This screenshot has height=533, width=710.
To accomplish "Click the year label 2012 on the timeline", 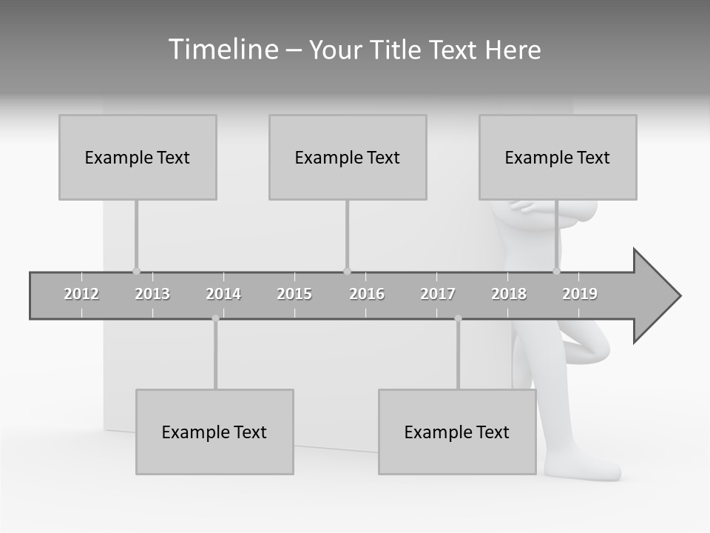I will click(x=81, y=294).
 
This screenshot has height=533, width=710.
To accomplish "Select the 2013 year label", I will click(x=152, y=294).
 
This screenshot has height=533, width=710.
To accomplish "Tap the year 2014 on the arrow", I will click(x=223, y=294).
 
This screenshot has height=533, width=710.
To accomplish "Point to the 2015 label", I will click(x=294, y=294).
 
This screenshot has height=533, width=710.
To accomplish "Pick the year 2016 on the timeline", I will click(x=367, y=294).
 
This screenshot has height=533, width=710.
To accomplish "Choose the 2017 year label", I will click(x=438, y=294).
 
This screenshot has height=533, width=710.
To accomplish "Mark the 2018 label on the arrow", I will click(x=509, y=294).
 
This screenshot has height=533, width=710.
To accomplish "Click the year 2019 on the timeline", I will click(x=580, y=294).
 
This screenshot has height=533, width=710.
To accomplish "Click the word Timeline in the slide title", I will click(x=222, y=50).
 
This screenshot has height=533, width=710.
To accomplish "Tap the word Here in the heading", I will click(x=513, y=50).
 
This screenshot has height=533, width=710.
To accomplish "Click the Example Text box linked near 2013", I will click(x=138, y=157).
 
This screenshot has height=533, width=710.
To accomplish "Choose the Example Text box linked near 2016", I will click(x=348, y=157).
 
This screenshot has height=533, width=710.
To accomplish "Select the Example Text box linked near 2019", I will click(x=558, y=157).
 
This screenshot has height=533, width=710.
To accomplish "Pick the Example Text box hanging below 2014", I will click(x=214, y=432).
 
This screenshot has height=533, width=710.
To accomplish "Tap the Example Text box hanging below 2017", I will click(x=457, y=432).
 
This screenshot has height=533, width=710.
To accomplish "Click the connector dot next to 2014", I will click(x=215, y=318).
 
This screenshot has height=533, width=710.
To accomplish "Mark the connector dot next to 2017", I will click(x=458, y=318).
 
